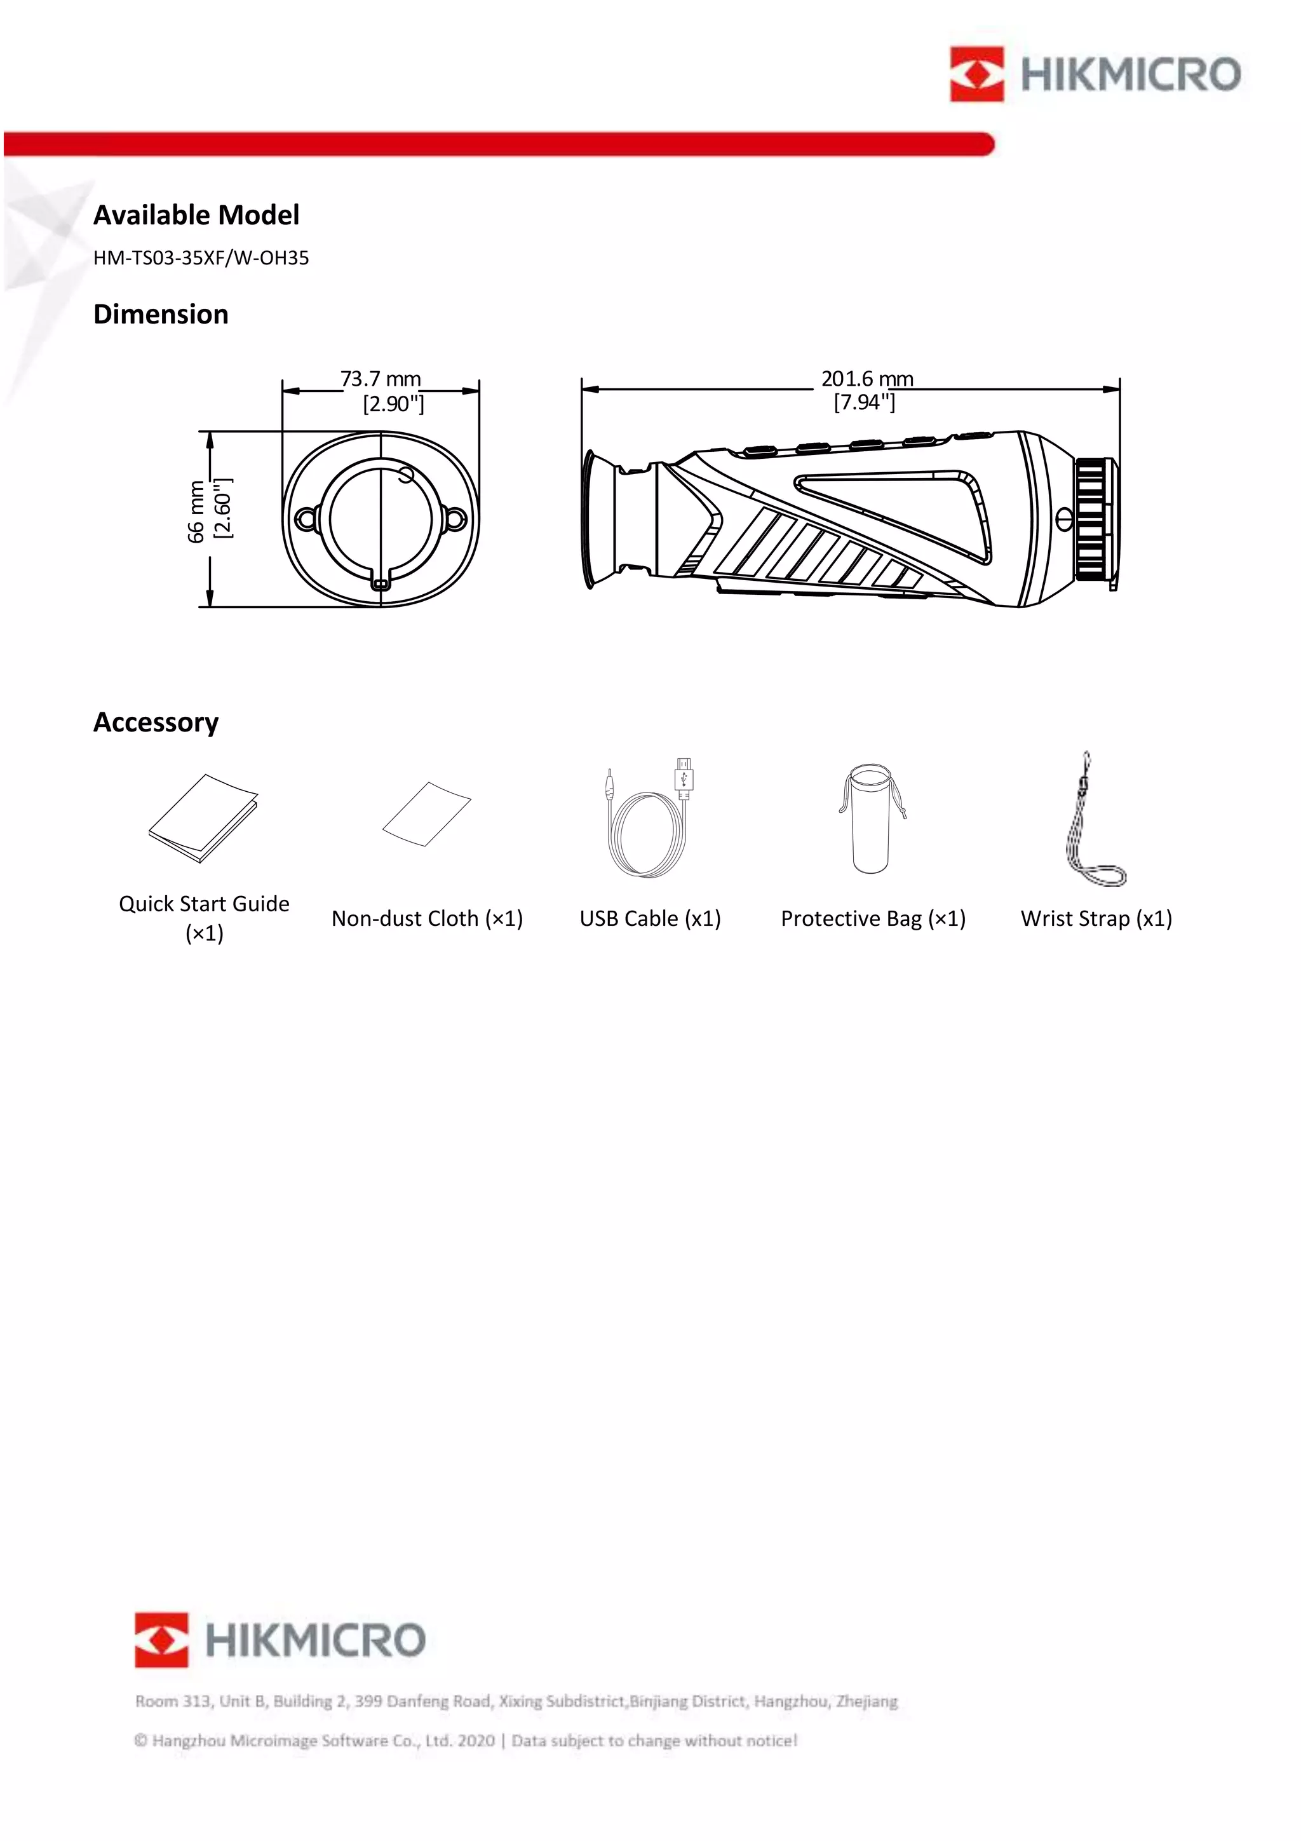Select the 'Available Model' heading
point(196,215)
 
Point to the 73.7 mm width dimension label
point(381,379)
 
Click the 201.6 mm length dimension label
point(866,379)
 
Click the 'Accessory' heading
point(156,723)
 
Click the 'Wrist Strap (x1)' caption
point(1096,919)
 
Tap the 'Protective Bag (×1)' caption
point(873,919)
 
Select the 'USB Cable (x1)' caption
point(650,919)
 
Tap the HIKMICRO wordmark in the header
point(1130,74)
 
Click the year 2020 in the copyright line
point(476,1741)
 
